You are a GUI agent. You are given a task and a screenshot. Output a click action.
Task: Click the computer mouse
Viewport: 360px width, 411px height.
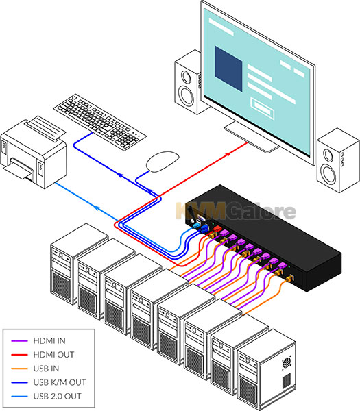pyautogui.click(x=163, y=162)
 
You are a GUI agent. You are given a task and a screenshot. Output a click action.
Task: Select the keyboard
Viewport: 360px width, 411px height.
pyautogui.click(x=99, y=122)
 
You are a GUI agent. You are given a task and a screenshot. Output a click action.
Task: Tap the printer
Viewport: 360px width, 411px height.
pyautogui.click(x=34, y=152)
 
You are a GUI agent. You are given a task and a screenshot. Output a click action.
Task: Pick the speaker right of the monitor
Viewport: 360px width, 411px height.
pyautogui.click(x=338, y=160)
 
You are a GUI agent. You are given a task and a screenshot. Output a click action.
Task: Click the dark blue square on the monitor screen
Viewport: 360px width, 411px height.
pyautogui.click(x=228, y=68)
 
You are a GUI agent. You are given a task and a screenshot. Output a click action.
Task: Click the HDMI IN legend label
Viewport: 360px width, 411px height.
pyautogui.click(x=49, y=340)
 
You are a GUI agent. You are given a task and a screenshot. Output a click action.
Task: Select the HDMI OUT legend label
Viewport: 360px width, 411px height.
pyautogui.click(x=53, y=355)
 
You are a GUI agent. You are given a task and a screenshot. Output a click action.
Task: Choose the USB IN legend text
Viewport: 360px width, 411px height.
pyautogui.click(x=46, y=369)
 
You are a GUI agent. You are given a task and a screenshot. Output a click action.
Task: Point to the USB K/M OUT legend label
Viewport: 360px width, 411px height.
pyautogui.click(x=60, y=382)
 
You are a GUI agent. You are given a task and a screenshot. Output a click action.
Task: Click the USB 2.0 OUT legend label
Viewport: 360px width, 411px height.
pyautogui.click(x=57, y=397)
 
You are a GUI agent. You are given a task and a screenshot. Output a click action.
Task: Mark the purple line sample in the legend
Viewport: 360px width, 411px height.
pyautogui.click(x=19, y=340)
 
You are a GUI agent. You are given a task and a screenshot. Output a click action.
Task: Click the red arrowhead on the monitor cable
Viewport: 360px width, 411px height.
pyautogui.click(x=228, y=154)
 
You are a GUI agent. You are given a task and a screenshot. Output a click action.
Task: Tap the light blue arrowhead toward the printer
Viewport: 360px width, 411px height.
pyautogui.click(x=96, y=208)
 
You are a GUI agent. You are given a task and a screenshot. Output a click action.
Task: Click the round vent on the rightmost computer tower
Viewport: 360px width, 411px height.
pyautogui.click(x=287, y=363)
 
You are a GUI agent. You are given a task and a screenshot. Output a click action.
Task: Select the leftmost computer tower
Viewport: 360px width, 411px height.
pyautogui.click(x=79, y=264)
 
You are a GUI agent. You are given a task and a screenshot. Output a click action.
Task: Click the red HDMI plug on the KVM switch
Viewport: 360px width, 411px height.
pyautogui.click(x=217, y=229)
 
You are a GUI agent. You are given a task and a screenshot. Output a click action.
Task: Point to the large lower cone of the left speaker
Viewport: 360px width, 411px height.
pyautogui.click(x=187, y=97)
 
